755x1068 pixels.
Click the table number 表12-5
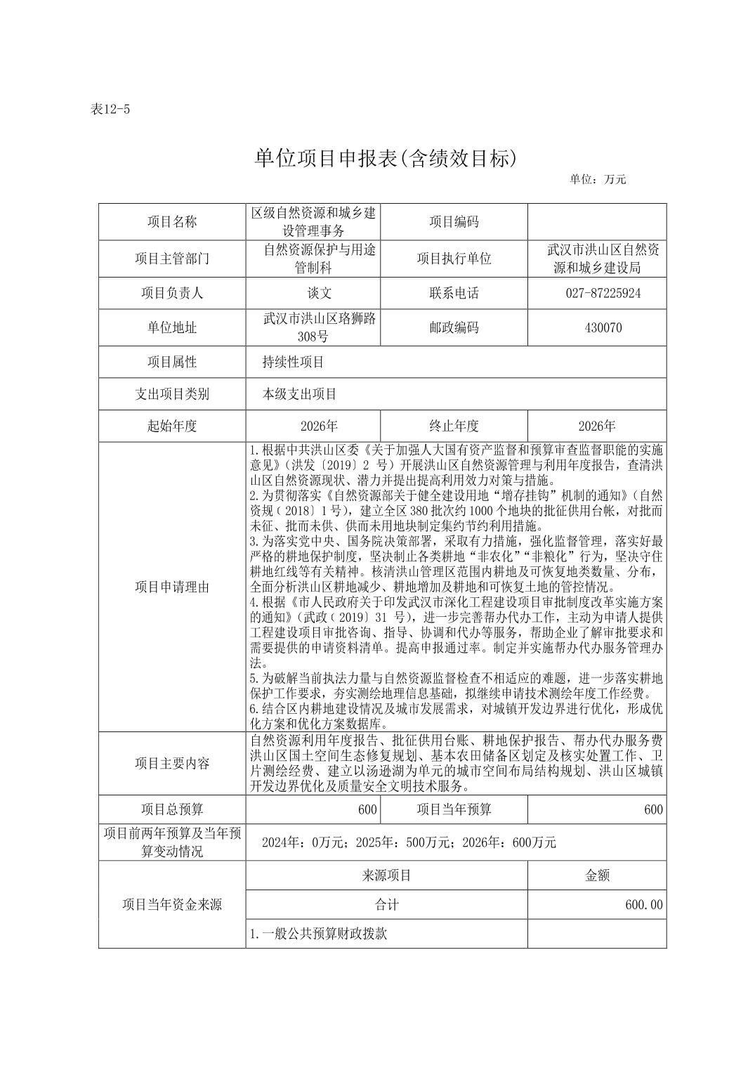[x=111, y=110]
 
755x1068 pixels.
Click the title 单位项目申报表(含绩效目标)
[x=385, y=159]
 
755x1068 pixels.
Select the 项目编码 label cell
[x=454, y=222]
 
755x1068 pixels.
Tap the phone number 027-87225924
[x=603, y=293]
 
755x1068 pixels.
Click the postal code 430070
[x=603, y=327]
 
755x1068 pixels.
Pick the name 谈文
[x=313, y=293]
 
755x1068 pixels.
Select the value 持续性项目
[x=293, y=362]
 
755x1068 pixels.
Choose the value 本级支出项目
[x=300, y=394]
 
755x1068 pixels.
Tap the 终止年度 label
[x=454, y=426]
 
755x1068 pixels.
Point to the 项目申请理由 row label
[x=172, y=587]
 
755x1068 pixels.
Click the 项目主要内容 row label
[x=172, y=763]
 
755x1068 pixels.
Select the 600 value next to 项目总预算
[x=367, y=809]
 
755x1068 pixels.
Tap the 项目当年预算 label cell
[x=454, y=809]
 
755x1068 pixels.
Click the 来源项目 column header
[x=386, y=875]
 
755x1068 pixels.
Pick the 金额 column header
[x=597, y=875]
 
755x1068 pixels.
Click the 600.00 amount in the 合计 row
[x=643, y=905]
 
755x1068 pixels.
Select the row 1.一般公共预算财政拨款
[x=319, y=934]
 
